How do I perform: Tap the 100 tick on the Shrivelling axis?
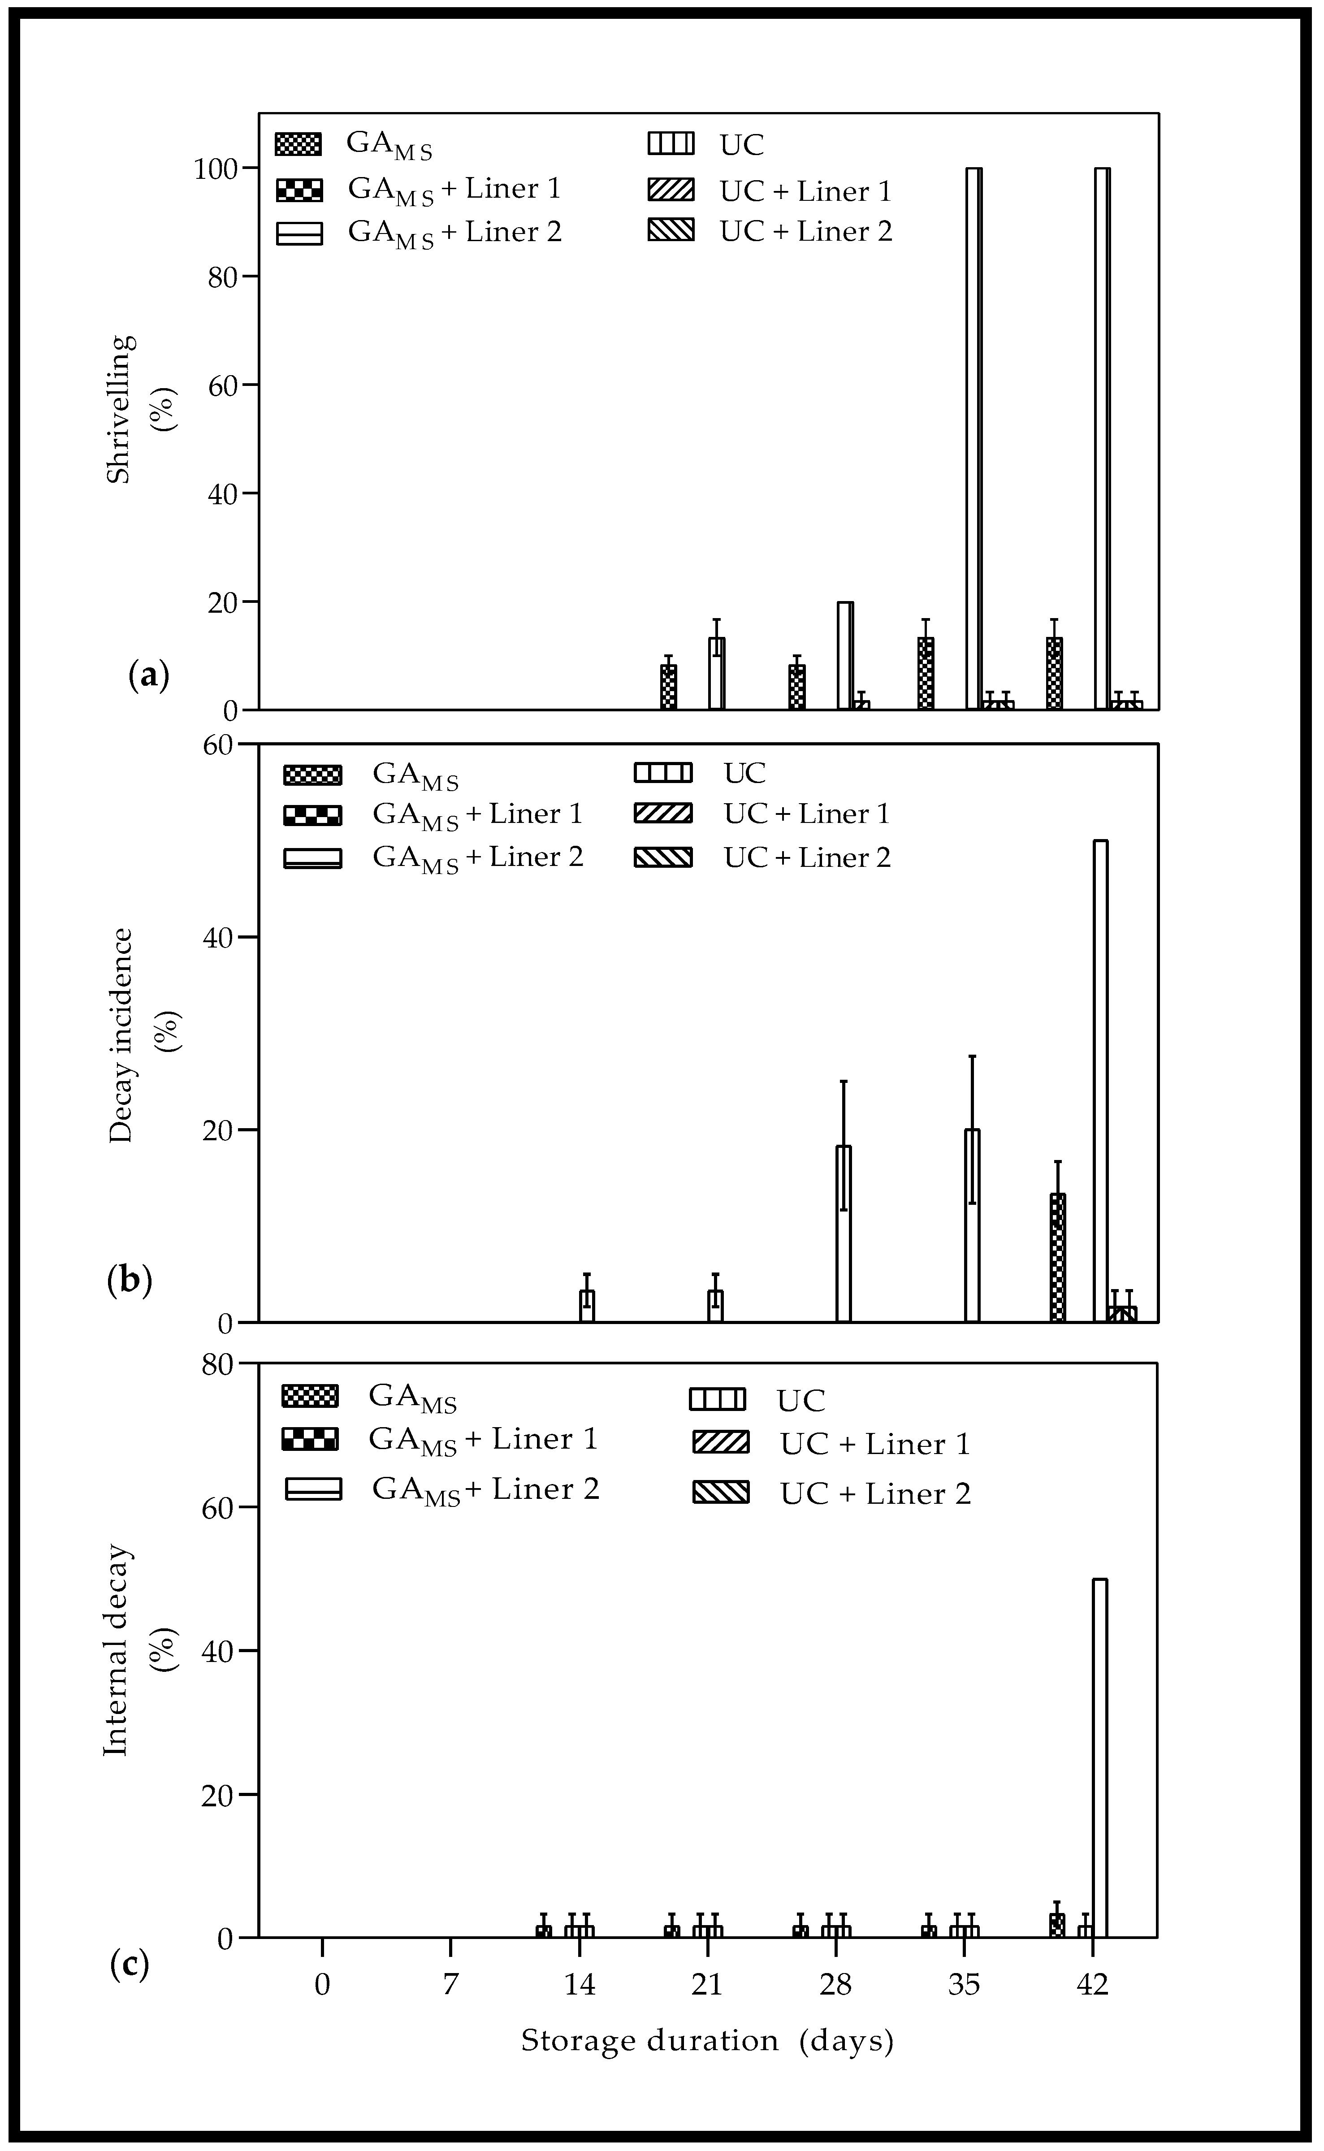tap(216, 169)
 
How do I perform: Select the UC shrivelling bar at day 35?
tap(974, 438)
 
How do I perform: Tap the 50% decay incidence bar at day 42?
tap(1101, 1080)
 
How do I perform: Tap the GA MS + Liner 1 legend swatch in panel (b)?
tap(312, 815)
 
